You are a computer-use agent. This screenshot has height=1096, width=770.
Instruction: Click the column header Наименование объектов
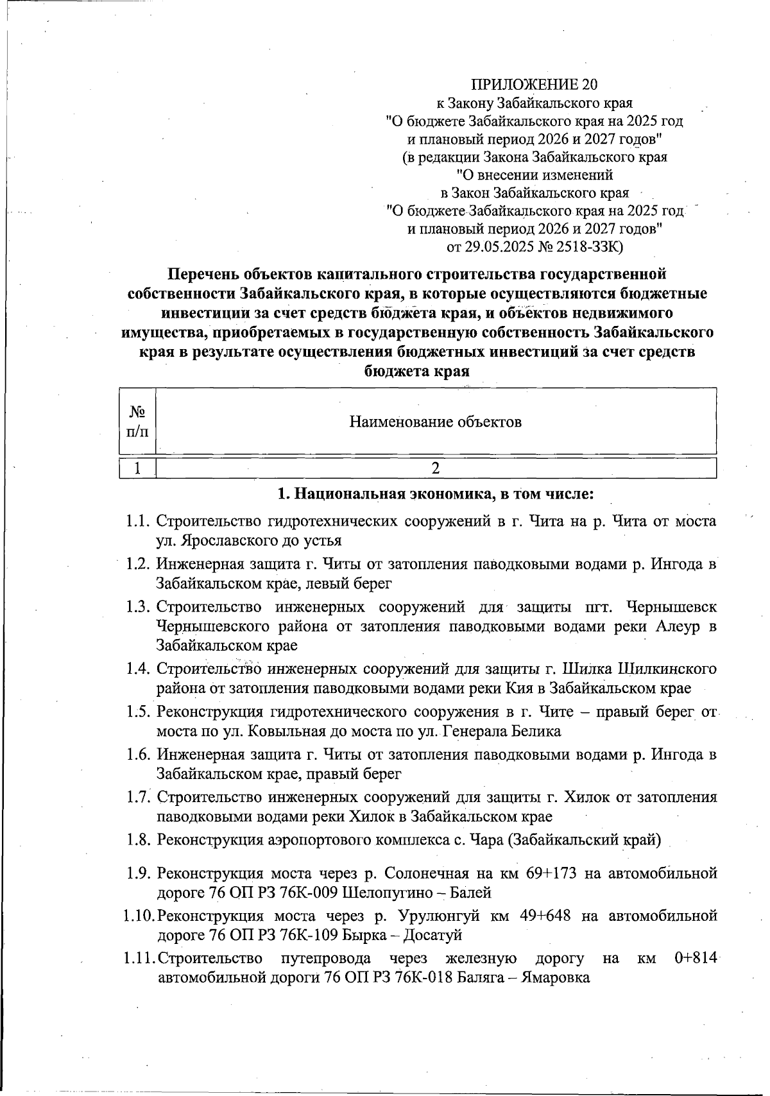tap(435, 422)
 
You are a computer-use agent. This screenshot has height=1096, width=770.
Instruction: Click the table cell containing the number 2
tap(436, 468)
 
